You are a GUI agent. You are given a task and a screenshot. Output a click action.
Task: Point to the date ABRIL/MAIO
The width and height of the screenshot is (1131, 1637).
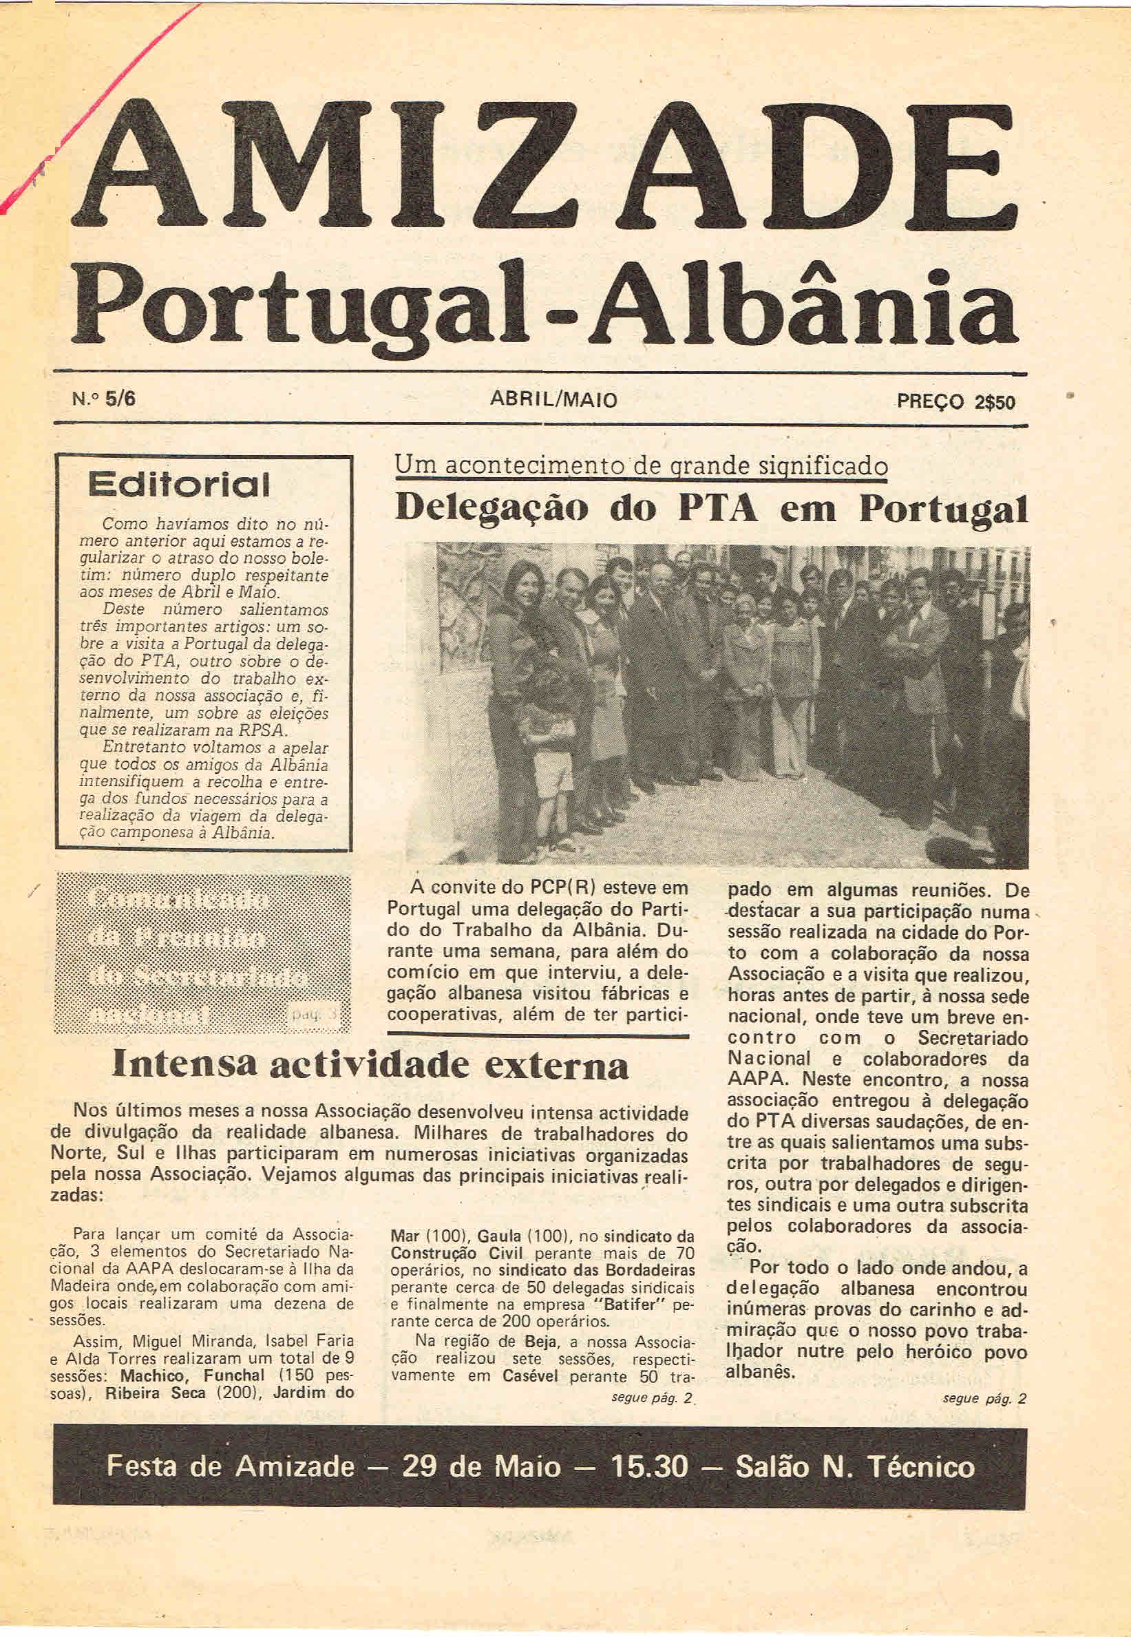pos(553,401)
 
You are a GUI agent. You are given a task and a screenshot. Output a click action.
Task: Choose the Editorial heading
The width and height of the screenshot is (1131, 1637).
pos(178,485)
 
